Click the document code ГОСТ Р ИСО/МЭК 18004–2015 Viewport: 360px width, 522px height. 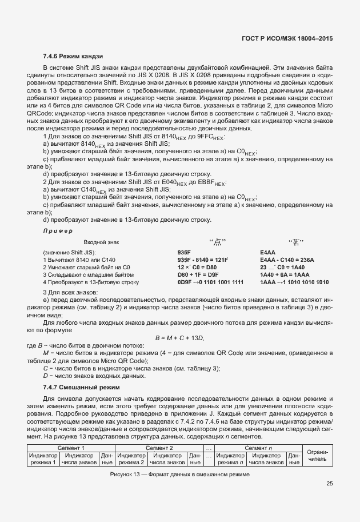287,38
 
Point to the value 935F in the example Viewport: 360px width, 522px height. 184,252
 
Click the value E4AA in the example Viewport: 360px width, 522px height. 267,252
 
